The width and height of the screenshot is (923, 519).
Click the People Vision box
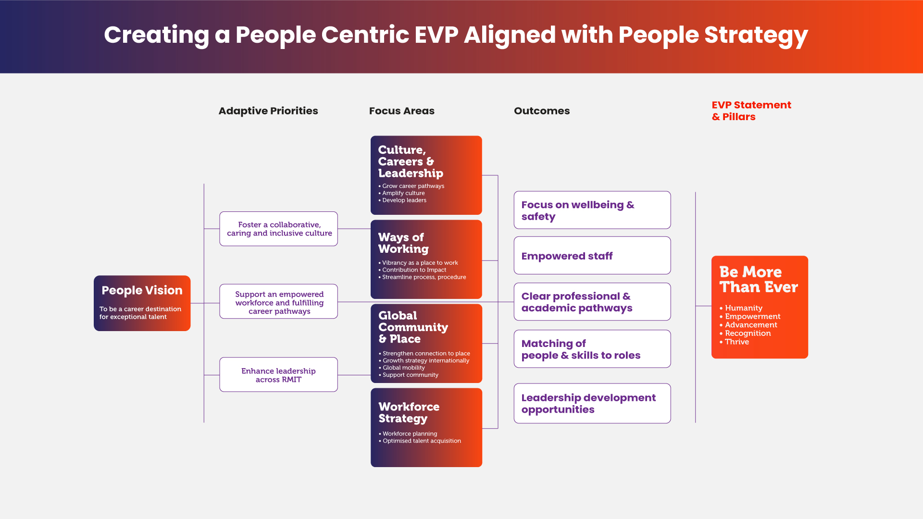[x=142, y=303]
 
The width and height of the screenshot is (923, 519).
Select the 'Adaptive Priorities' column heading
[x=268, y=111]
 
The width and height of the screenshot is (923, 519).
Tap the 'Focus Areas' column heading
[x=401, y=111]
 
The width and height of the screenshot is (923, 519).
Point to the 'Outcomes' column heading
[x=542, y=111]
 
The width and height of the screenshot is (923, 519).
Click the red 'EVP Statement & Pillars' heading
[x=751, y=111]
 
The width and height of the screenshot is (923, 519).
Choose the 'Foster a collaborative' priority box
[x=279, y=229]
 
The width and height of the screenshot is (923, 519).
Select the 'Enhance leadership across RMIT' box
[x=279, y=375]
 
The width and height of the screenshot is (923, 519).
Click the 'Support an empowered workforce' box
[x=279, y=302]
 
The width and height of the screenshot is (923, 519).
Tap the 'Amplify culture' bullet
[x=403, y=193]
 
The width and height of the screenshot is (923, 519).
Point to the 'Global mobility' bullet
[x=404, y=368]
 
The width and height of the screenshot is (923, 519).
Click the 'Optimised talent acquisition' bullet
[x=422, y=441]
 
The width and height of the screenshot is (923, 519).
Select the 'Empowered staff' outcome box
[x=592, y=256]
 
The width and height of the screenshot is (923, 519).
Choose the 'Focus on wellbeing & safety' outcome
[x=592, y=210]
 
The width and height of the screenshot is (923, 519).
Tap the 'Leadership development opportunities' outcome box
[x=592, y=404]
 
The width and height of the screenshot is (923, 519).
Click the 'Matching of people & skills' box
[x=592, y=349]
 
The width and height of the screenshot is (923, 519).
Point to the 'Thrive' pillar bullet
[x=736, y=342]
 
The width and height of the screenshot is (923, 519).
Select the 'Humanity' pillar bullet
[x=743, y=308]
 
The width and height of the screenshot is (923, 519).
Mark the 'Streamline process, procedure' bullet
[x=424, y=277]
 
